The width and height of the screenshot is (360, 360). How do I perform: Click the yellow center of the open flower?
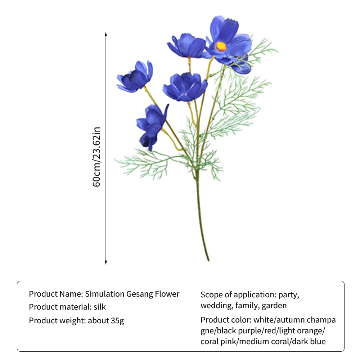221,46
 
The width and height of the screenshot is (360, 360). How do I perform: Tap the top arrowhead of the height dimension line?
106,34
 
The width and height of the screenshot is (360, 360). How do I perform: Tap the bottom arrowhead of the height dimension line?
106,263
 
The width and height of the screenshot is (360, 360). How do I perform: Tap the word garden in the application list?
274,306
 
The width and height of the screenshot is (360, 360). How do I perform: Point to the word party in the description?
288,294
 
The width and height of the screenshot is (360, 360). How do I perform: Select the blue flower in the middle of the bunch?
185,87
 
